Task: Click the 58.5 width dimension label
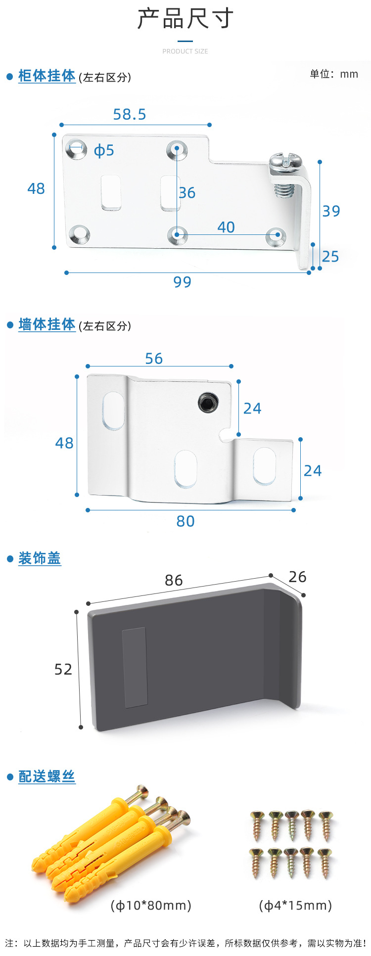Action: [x=130, y=115]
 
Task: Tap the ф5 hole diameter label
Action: [x=104, y=150]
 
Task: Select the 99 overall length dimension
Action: [x=182, y=282]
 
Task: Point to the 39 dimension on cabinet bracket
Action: [x=331, y=211]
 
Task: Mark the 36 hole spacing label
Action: [x=187, y=193]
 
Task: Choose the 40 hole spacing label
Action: [x=226, y=227]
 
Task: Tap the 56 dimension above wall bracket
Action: [x=154, y=359]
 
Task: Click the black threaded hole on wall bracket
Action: [x=208, y=403]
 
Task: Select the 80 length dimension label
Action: [x=185, y=521]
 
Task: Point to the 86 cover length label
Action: [x=174, y=580]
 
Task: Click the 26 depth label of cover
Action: [x=297, y=577]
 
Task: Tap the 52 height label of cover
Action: [x=63, y=669]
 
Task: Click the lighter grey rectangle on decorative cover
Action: [x=135, y=667]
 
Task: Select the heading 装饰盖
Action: [x=40, y=558]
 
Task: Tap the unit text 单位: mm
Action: [x=334, y=74]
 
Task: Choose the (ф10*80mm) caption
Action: [x=151, y=905]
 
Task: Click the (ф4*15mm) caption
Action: [x=295, y=905]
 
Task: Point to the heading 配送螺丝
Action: [x=46, y=776]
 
